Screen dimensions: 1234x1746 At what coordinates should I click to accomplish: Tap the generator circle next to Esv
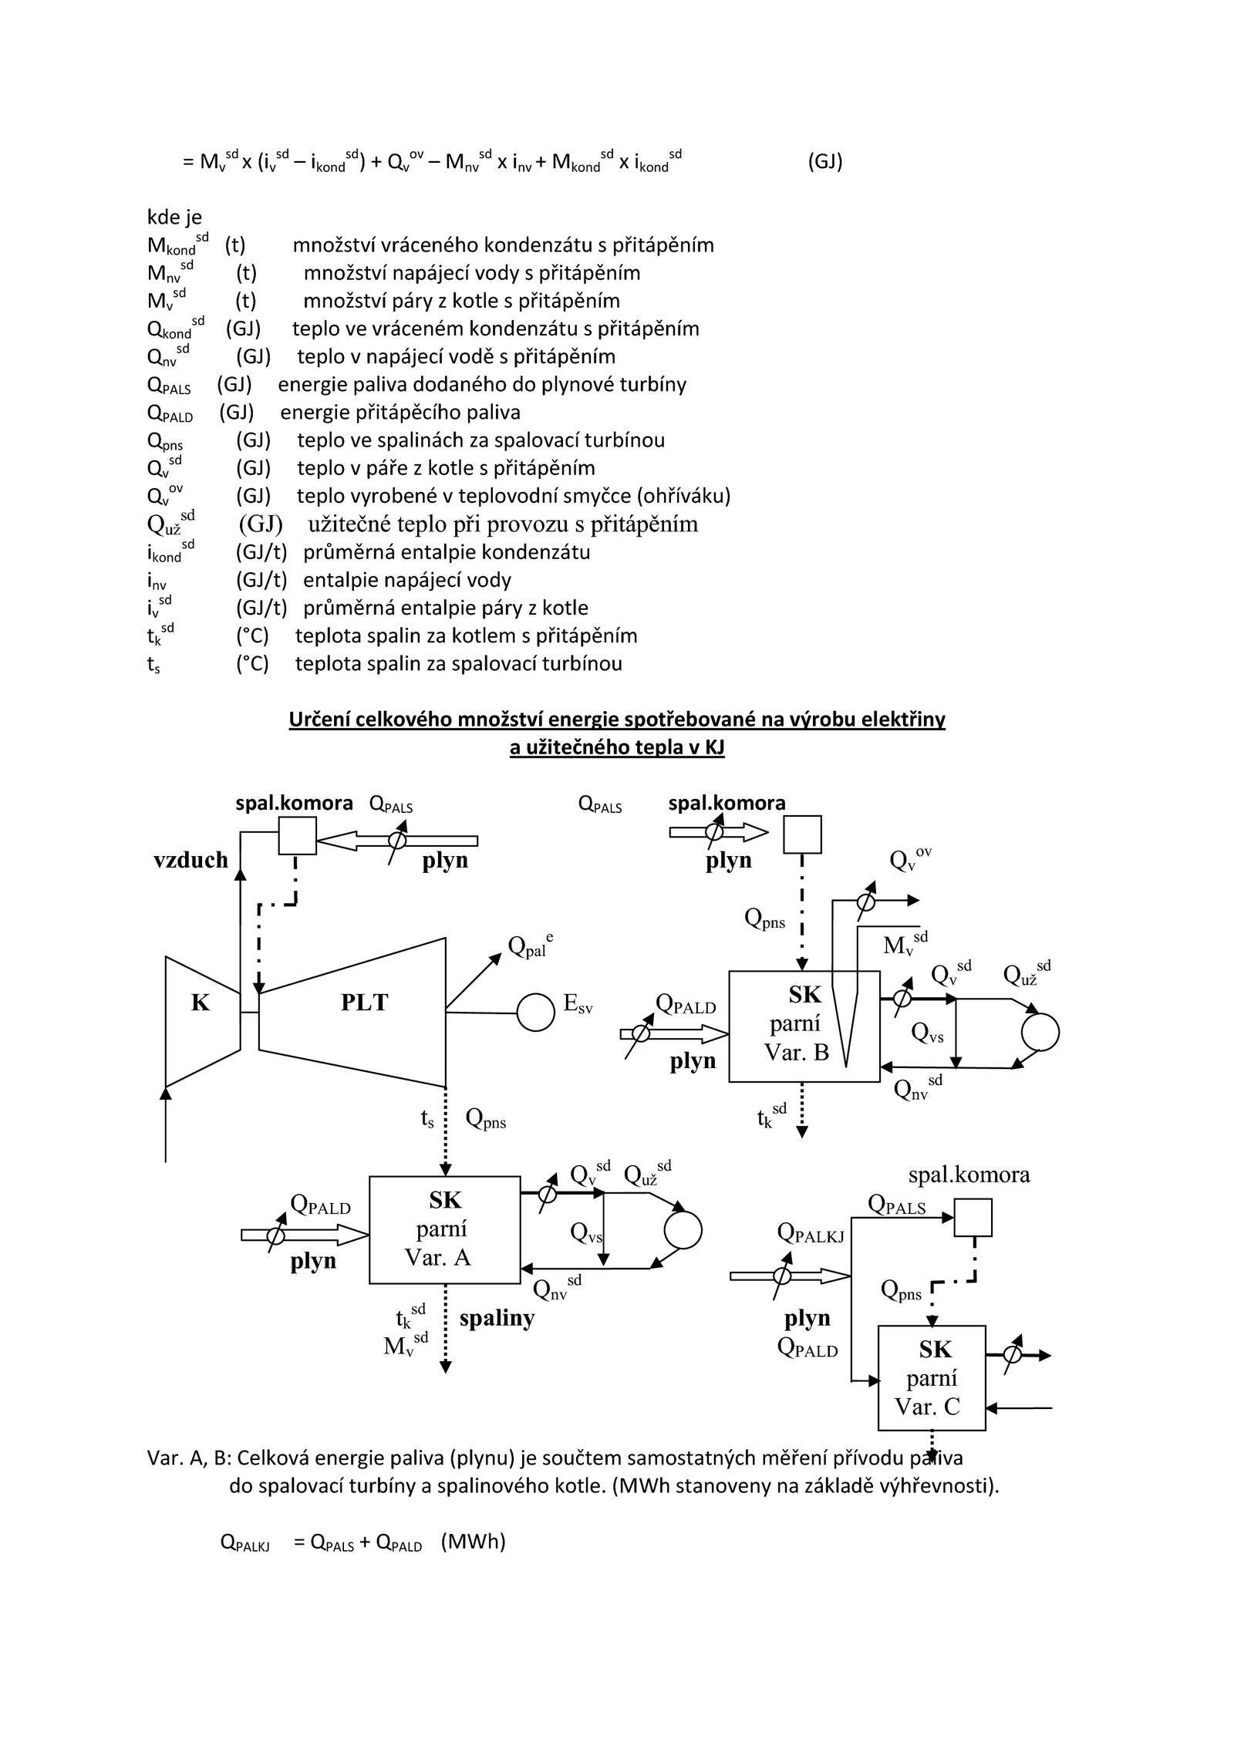[535, 1012]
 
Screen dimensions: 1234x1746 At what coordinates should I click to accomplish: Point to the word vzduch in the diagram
[190, 860]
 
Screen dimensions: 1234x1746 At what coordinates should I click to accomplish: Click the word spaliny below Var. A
[497, 1319]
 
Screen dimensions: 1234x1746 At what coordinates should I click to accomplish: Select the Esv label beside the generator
[578, 1003]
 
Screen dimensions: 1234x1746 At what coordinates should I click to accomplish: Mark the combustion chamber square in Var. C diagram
[973, 1218]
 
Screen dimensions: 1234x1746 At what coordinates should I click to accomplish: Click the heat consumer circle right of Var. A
[683, 1229]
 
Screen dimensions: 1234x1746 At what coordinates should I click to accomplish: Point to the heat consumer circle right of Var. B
[1040, 1032]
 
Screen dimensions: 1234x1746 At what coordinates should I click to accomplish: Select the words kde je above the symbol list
[174, 217]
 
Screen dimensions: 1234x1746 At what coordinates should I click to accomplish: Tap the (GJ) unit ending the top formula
[825, 162]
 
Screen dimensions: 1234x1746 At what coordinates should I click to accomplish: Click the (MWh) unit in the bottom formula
[473, 1542]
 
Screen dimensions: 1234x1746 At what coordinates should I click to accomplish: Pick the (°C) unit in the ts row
[252, 664]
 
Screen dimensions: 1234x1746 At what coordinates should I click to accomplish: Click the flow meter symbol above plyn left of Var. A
[275, 1235]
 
